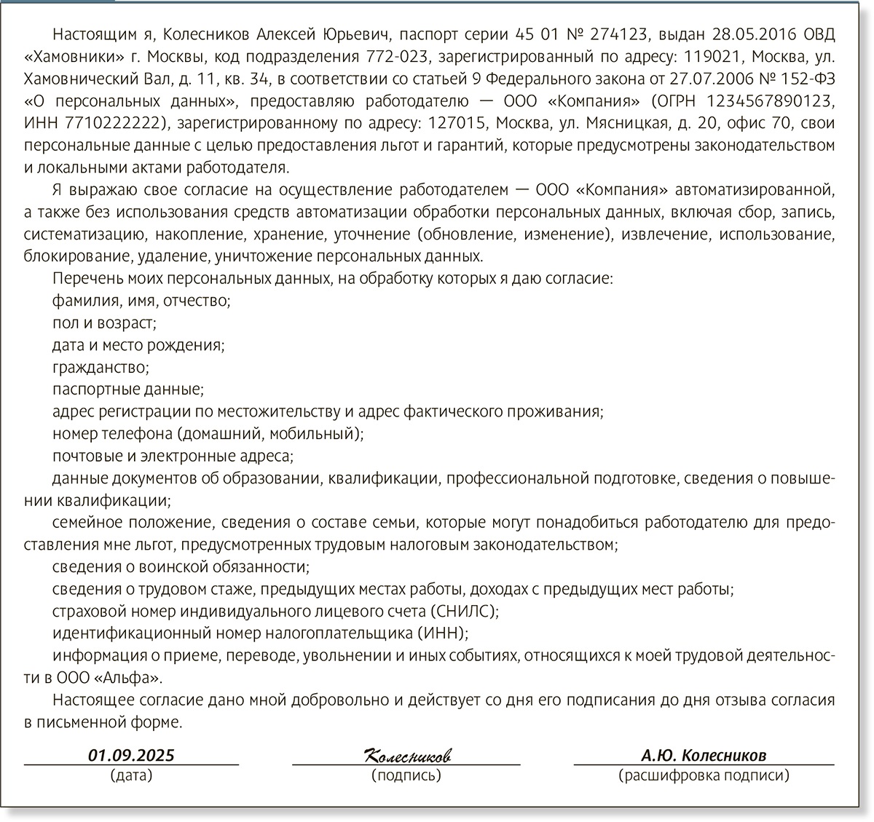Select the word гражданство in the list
(x=101, y=367)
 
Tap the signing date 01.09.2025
(x=132, y=755)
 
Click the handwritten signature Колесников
(x=406, y=755)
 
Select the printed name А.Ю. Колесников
(x=704, y=755)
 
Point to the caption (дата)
(x=132, y=775)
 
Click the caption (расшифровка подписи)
(x=704, y=775)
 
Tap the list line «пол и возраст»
(x=105, y=322)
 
